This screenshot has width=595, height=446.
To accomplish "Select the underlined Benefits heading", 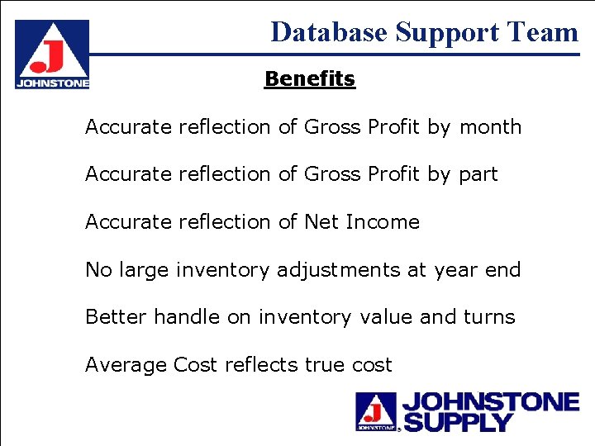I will coord(310,79).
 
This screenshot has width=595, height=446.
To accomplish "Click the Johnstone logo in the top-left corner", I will coord(51,54).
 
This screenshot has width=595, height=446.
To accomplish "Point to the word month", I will coord(490,127).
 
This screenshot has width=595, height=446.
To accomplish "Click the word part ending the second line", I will coord(478,175).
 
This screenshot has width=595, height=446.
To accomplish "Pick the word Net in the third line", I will coord(321,222).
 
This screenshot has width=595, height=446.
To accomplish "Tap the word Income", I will coord(383,222).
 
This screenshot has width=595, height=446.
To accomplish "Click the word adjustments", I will coord(340,270).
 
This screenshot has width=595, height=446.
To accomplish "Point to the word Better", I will coord(117,317).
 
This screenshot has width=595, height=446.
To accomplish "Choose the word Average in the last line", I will coord(126,365).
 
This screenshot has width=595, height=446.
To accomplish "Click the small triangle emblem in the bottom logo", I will coord(376,410).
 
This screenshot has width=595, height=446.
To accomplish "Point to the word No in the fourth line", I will coord(98,270).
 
